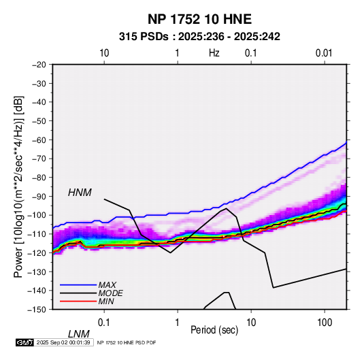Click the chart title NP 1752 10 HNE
pos(199,19)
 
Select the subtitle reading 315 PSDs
pos(144,37)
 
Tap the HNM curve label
pos(80,193)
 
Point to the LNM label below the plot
pos(79,334)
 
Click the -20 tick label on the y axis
pos(39,65)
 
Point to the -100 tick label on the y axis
pos(37,215)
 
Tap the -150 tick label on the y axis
pos(37,310)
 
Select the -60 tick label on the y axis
pos(39,140)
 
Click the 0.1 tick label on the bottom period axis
pos(104,323)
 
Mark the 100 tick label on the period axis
pos(325,323)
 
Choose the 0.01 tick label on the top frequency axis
pos(324,53)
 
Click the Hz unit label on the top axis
pos(214,53)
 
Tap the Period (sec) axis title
pos(214,330)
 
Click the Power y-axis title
pos(18,186)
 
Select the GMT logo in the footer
pos(24,342)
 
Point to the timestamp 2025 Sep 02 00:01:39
pos(63,342)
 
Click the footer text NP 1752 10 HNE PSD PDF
pos(127,342)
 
